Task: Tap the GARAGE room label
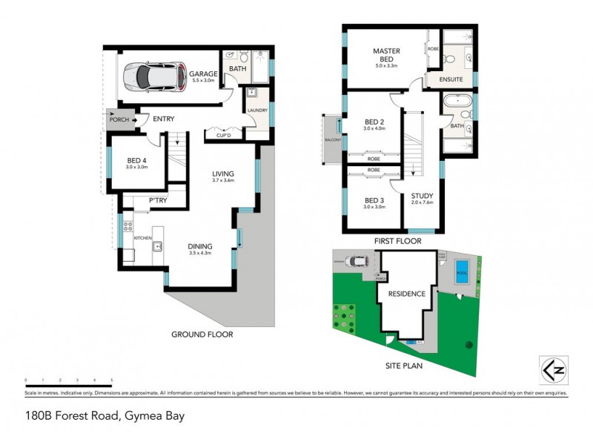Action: pyautogui.click(x=202, y=75)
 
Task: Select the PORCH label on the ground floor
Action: pyautogui.click(x=118, y=119)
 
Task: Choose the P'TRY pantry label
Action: pyautogui.click(x=157, y=201)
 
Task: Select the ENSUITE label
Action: pyautogui.click(x=451, y=79)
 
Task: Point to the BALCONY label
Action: pyautogui.click(x=331, y=139)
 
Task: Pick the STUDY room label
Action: pyautogui.click(x=422, y=197)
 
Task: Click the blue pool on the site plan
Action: pyautogui.click(x=463, y=268)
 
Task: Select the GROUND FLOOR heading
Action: pyautogui.click(x=202, y=334)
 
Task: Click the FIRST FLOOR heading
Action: pyautogui.click(x=397, y=242)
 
